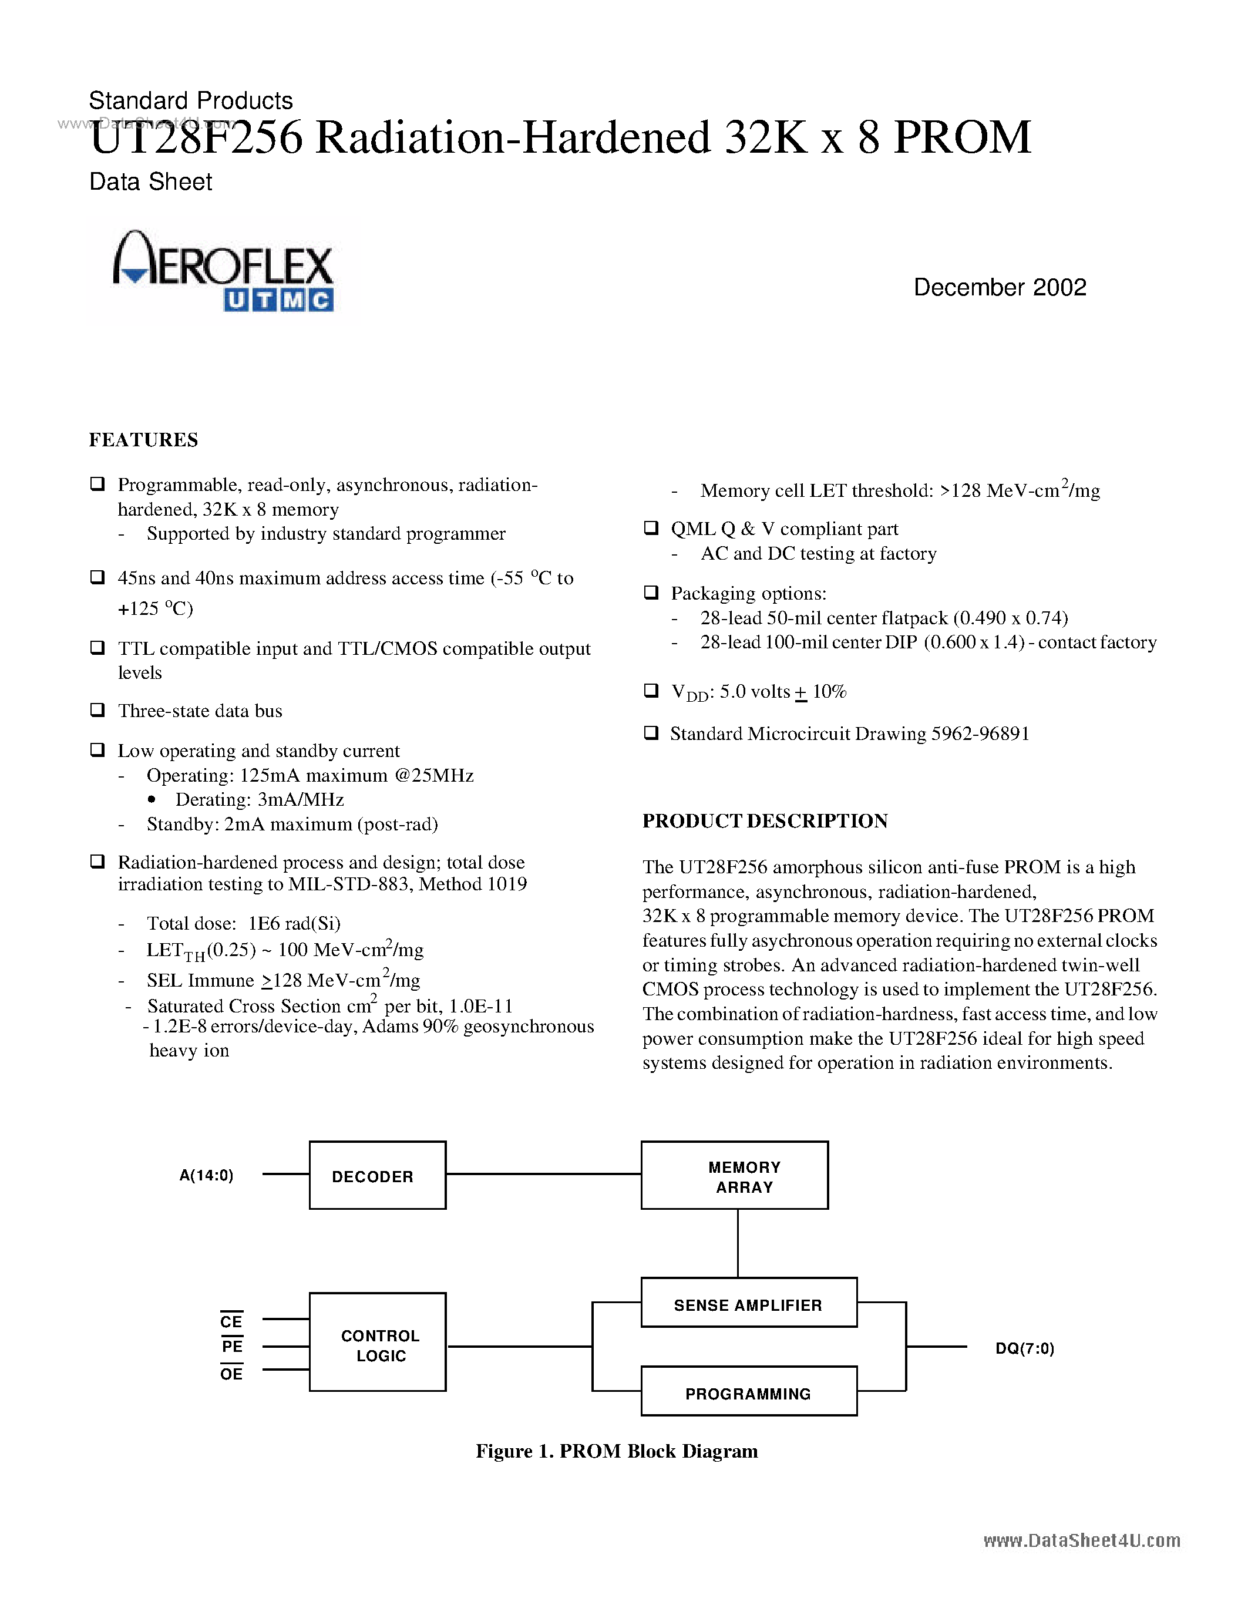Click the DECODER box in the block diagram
point(377,1176)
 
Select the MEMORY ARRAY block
point(734,1176)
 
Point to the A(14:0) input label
point(206,1176)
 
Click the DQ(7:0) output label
point(1025,1348)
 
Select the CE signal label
point(231,1321)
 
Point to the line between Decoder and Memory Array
point(543,1173)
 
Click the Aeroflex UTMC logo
point(223,271)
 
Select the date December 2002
point(1000,288)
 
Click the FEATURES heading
point(143,440)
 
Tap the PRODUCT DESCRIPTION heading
point(765,821)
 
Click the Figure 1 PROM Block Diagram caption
point(617,1451)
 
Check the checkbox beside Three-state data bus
point(97,710)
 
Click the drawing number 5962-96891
point(980,734)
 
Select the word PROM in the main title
point(962,137)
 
